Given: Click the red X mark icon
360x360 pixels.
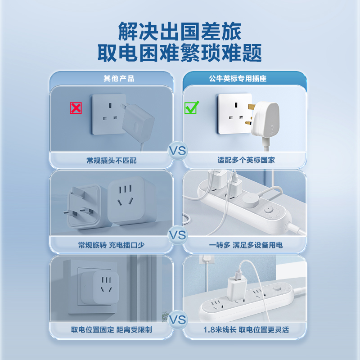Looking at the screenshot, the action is click(x=76, y=108).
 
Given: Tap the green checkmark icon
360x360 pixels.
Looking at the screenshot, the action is click(x=192, y=108).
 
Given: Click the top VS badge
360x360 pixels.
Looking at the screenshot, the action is click(x=178, y=151).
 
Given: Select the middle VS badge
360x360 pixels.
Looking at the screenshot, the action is click(x=178, y=235).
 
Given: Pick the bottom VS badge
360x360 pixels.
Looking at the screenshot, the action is click(x=178, y=320).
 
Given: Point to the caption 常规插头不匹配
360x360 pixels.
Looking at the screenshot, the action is click(x=112, y=160).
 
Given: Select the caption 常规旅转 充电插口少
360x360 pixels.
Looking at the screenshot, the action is click(x=111, y=245).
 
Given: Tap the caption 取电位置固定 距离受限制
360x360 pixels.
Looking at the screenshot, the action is click(x=112, y=330).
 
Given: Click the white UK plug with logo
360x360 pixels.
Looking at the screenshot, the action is click(x=268, y=119).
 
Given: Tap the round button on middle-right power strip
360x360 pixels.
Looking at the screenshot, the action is click(x=269, y=209).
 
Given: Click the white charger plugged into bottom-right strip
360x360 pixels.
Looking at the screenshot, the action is click(x=234, y=286).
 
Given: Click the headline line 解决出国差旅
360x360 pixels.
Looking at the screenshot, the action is click(x=180, y=32).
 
